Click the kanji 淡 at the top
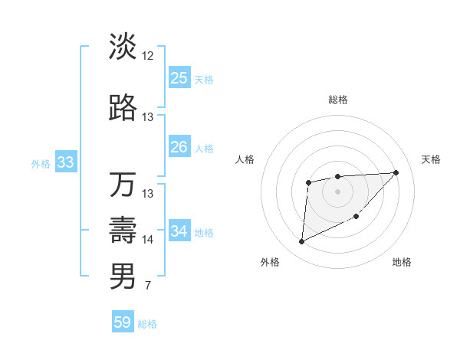coord(123,47)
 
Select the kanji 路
coord(123,109)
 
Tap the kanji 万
coord(123,185)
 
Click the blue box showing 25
coord(179,78)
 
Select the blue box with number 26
coord(179,147)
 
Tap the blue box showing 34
coord(179,231)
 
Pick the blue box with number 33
coord(65,162)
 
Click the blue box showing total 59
coord(123,322)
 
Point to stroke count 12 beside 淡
coord(148,56)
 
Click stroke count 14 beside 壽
coord(148,240)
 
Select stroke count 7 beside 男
coord(148,286)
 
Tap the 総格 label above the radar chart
coord(338,100)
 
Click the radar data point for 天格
coord(396,172)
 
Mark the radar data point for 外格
coord(301,242)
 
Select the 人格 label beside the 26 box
coord(204,148)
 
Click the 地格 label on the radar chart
coord(402,262)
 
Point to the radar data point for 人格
coord(308,182)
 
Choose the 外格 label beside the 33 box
coord(41,163)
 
